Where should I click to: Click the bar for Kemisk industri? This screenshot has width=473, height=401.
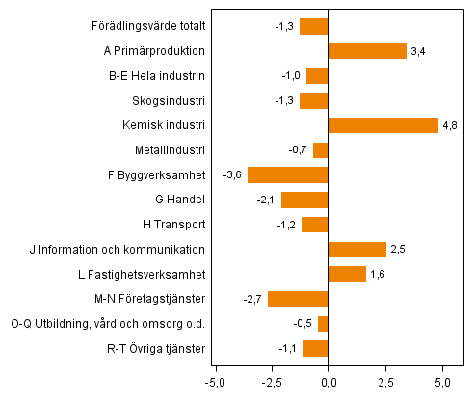383,125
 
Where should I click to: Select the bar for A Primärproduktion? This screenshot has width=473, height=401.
367,51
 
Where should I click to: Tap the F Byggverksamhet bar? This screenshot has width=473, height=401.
288,174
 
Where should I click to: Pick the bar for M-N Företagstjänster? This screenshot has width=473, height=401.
299,298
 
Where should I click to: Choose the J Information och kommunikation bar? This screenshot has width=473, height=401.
357,250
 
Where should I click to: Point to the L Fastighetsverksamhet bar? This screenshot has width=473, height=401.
347,274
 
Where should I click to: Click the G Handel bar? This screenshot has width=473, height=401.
304,200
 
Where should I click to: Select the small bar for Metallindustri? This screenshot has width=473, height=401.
321,149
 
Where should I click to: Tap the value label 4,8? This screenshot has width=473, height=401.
451,125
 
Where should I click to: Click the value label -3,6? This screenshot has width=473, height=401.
232,174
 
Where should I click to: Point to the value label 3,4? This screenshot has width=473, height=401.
419,51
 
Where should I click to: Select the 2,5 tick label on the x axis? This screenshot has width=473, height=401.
385,383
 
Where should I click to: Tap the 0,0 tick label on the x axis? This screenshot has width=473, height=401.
328,383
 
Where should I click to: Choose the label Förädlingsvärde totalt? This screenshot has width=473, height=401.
145,26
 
